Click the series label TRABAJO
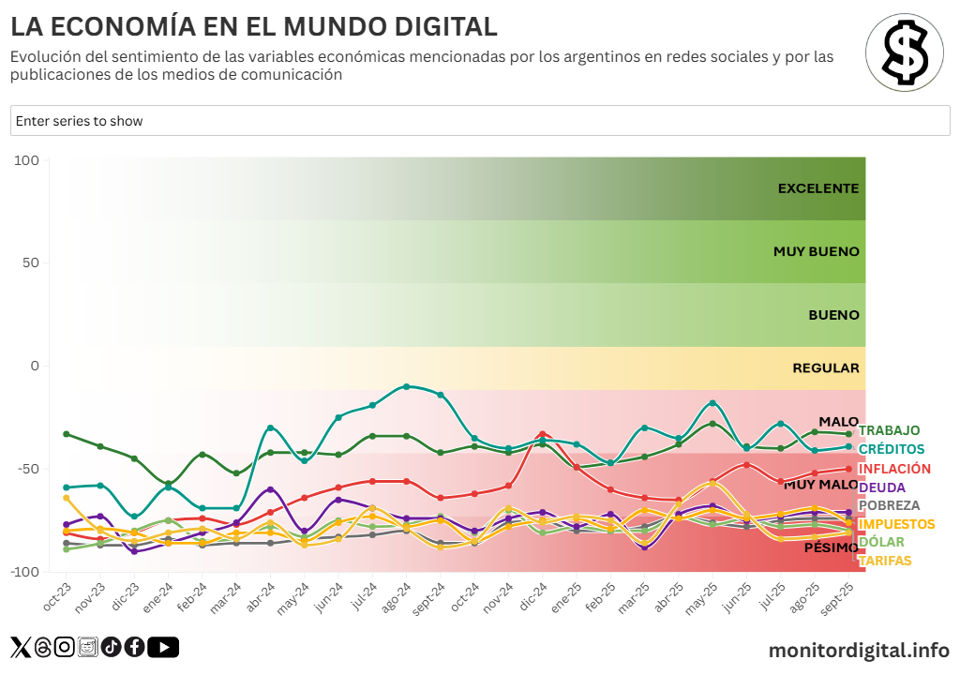(x=889, y=430)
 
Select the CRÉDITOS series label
(x=891, y=449)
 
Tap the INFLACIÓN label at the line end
(x=894, y=469)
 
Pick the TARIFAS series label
(x=884, y=561)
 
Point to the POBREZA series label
(x=889, y=505)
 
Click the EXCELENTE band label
(x=817, y=188)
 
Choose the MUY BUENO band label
(x=816, y=251)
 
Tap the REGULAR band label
(x=825, y=367)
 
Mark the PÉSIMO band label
(x=831, y=547)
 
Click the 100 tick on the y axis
(x=27, y=161)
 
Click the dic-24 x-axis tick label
(x=533, y=596)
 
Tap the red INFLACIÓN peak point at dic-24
(x=542, y=435)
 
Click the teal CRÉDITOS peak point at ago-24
(x=406, y=386)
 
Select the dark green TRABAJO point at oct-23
(x=66, y=434)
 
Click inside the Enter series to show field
(x=480, y=121)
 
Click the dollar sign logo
(x=904, y=52)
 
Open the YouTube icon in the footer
(x=163, y=647)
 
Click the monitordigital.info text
(x=859, y=650)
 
